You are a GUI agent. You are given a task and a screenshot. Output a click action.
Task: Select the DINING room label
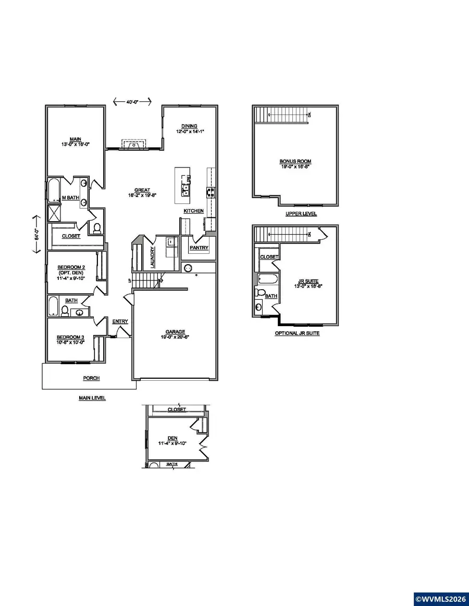click(189, 126)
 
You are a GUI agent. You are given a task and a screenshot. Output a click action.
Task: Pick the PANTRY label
click(199, 248)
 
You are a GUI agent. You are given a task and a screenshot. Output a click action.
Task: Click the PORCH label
click(91, 378)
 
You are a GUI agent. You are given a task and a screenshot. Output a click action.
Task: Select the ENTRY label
click(120, 321)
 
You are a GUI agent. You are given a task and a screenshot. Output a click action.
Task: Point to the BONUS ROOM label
click(295, 161)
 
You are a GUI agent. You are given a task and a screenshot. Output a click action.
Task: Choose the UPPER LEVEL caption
click(301, 214)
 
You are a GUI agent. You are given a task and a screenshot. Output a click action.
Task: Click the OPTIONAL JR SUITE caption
click(297, 333)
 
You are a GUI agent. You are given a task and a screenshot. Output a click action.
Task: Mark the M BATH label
click(70, 198)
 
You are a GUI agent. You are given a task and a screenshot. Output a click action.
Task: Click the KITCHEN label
click(193, 211)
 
